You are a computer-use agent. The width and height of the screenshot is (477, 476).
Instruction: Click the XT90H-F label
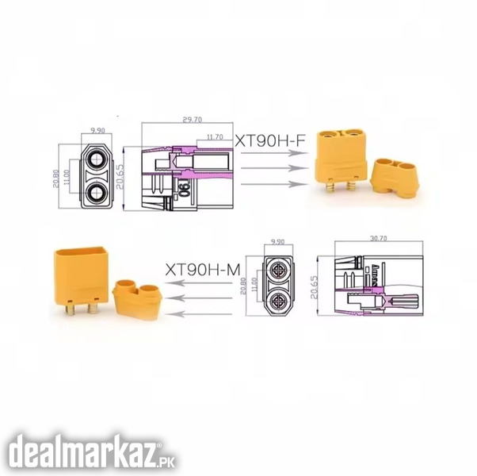(270, 140)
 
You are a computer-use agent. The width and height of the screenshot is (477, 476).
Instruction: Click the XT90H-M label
(203, 270)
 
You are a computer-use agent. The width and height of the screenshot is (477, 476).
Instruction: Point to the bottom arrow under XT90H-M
(198, 313)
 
